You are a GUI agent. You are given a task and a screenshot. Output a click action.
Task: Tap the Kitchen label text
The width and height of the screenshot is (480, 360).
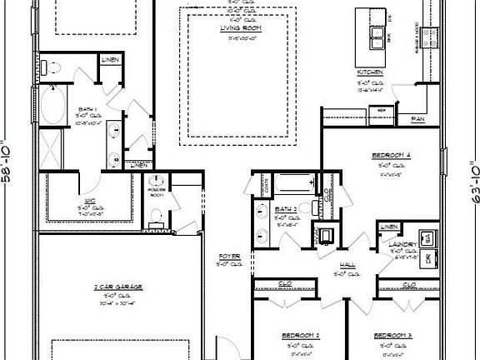tap(371, 72)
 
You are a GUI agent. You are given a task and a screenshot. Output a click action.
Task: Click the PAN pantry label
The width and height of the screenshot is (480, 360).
tap(417, 119)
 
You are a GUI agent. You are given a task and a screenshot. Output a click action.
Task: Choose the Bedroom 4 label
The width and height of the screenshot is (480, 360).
tap(390, 156)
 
